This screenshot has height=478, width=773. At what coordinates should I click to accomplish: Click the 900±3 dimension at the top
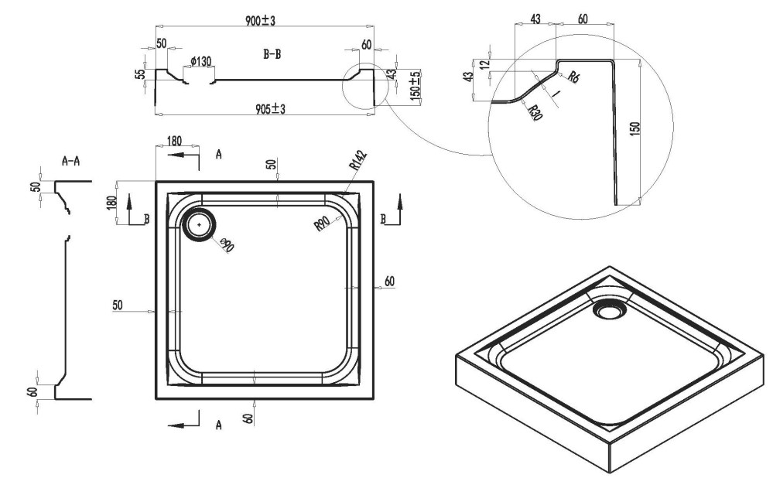tap(260, 21)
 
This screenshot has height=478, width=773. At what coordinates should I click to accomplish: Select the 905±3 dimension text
tap(270, 109)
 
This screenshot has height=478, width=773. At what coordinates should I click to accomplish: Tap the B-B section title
tap(272, 54)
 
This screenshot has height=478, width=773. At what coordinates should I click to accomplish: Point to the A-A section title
tap(70, 161)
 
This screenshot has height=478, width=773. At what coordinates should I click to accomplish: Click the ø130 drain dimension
tap(200, 62)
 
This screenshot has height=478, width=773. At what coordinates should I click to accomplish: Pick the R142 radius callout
tap(358, 161)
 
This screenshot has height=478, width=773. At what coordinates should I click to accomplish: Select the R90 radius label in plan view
tap(321, 224)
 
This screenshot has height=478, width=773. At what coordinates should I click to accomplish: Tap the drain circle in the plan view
tap(199, 225)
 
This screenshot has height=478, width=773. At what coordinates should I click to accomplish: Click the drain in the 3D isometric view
tap(610, 310)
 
